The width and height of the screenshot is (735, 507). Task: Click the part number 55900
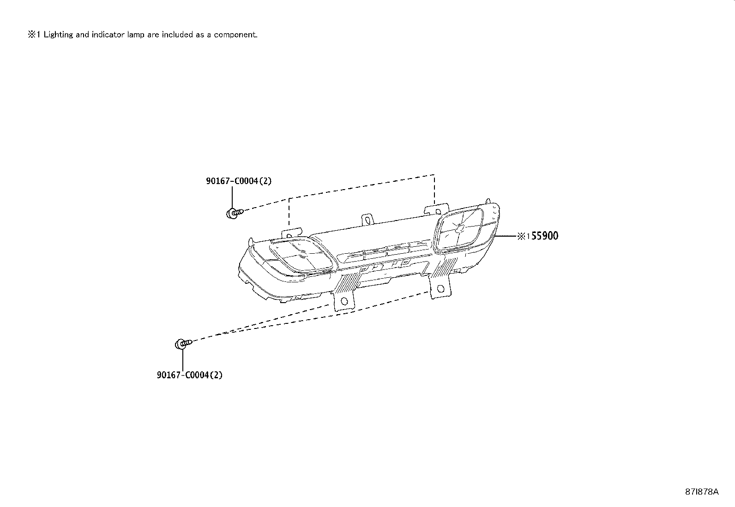pyautogui.click(x=545, y=236)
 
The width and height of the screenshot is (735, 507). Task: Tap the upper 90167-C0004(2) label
pyautogui.click(x=239, y=181)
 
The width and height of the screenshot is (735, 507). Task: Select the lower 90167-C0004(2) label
pyautogui.click(x=190, y=375)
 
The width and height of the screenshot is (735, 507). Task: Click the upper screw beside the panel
pyautogui.click(x=235, y=213)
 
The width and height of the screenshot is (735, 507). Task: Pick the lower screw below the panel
pyautogui.click(x=183, y=344)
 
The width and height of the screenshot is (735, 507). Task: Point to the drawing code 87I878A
pyautogui.click(x=702, y=492)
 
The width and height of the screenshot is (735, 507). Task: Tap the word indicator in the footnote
pyautogui.click(x=108, y=35)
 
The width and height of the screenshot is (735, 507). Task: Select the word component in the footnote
pyautogui.click(x=235, y=35)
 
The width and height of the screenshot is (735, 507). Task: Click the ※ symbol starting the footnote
pyautogui.click(x=31, y=35)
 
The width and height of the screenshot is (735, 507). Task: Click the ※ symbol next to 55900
pyautogui.click(x=521, y=236)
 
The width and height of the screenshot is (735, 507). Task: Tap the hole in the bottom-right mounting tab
pyautogui.click(x=440, y=289)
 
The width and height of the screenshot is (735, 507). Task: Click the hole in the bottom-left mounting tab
pyautogui.click(x=344, y=301)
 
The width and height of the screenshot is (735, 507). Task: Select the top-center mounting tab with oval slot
pyautogui.click(x=367, y=220)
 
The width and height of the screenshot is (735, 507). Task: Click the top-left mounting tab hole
pyautogui.click(x=289, y=236)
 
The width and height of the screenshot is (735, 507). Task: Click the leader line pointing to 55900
pyautogui.click(x=505, y=236)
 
